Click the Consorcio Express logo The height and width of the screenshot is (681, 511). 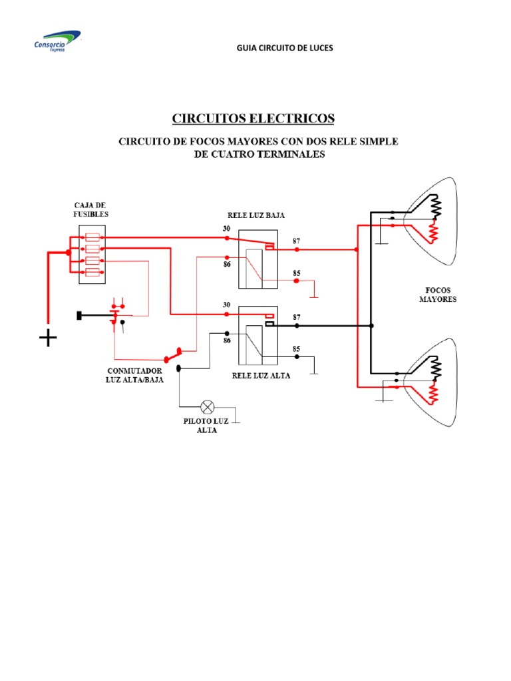58,41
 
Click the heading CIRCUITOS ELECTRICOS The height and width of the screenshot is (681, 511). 254,118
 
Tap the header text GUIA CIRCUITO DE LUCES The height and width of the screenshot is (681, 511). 285,48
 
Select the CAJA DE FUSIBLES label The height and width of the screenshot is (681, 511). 90,209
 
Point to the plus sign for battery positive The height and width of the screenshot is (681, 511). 48,339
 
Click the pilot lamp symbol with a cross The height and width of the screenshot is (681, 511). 207,406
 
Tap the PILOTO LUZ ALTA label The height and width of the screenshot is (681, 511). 207,426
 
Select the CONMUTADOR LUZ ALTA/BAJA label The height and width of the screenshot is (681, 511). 135,375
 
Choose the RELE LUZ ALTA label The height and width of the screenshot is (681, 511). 261,375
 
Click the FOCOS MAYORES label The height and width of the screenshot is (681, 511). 438,295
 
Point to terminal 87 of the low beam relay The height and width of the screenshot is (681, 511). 297,249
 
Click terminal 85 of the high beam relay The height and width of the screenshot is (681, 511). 297,356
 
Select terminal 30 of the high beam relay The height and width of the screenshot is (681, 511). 227,313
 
